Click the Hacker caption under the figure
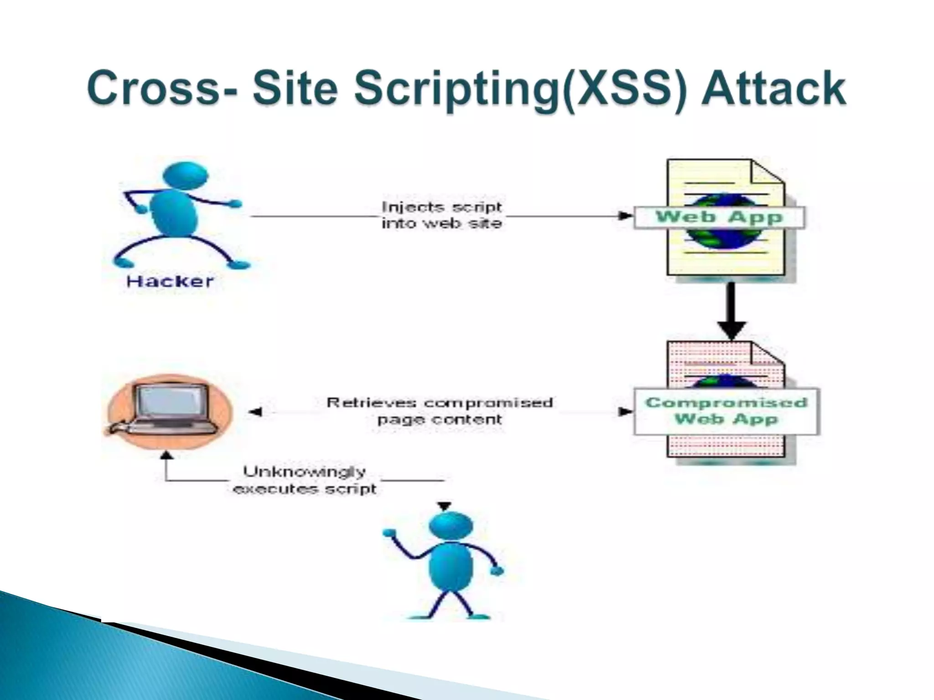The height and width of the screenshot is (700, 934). pyautogui.click(x=170, y=281)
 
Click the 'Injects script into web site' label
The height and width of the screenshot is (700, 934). pyautogui.click(x=441, y=215)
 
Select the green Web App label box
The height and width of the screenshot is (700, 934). pyautogui.click(x=719, y=217)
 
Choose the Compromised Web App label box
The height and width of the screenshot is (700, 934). pyautogui.click(x=726, y=411)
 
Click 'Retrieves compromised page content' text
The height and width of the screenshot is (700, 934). pyautogui.click(x=440, y=411)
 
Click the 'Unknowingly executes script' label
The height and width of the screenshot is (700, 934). pyautogui.click(x=305, y=480)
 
